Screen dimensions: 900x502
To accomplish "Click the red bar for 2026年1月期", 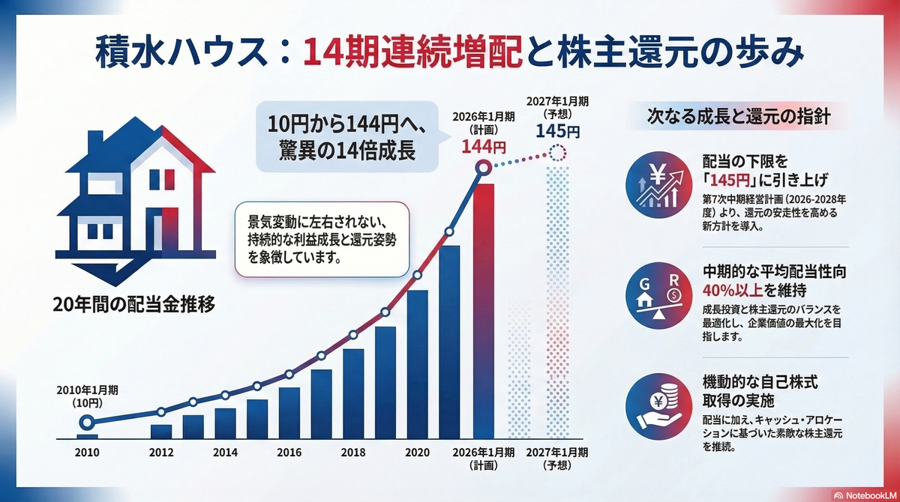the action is (x=483, y=312).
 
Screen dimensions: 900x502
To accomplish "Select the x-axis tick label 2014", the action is (x=225, y=453).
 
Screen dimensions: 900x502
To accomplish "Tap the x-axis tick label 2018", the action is (x=353, y=453).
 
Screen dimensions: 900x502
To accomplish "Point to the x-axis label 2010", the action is (x=87, y=453).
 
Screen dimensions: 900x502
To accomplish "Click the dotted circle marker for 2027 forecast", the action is (x=558, y=153).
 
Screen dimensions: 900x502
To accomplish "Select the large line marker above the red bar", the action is (x=483, y=167).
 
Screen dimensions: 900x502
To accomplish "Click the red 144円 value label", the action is (x=483, y=147).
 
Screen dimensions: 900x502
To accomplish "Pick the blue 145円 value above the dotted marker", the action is (x=558, y=131).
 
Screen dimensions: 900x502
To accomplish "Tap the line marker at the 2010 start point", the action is (x=87, y=422).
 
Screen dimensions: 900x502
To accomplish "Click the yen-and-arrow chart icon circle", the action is (x=659, y=185).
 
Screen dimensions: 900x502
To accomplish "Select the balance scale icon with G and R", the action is (x=659, y=296).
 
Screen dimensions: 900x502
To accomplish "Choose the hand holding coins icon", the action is (x=659, y=407).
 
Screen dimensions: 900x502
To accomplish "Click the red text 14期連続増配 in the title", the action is (x=412, y=52).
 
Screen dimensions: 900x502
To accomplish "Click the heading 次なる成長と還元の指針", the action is (x=739, y=117).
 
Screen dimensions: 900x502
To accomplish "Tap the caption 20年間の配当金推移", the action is (x=133, y=305).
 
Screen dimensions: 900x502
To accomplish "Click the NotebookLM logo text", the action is (x=869, y=495).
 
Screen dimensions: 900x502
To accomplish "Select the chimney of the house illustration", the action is (x=95, y=142).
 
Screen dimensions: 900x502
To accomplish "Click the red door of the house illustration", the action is (x=170, y=229).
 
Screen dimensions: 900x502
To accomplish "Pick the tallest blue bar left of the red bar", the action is (x=449, y=342).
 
